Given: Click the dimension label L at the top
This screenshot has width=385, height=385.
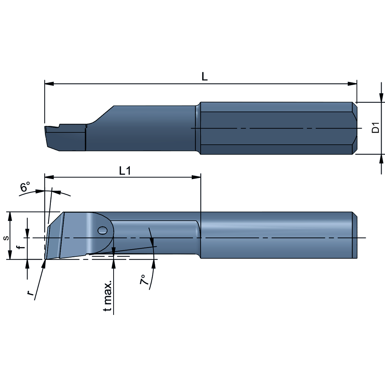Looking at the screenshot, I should pyautogui.click(x=205, y=77).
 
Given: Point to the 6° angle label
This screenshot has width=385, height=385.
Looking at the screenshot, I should pyautogui.click(x=25, y=187).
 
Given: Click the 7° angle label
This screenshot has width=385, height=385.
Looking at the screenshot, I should pyautogui.click(x=144, y=280).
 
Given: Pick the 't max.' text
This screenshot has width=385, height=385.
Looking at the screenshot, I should pyautogui.click(x=109, y=296).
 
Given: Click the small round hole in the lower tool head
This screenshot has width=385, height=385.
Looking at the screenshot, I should pyautogui.click(x=102, y=231).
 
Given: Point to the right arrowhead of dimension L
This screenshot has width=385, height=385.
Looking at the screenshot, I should pyautogui.click(x=353, y=84).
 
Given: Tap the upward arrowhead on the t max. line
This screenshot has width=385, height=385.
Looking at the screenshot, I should pyautogui.click(x=114, y=263).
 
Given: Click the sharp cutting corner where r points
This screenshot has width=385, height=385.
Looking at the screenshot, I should pyautogui.click(x=45, y=259).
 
